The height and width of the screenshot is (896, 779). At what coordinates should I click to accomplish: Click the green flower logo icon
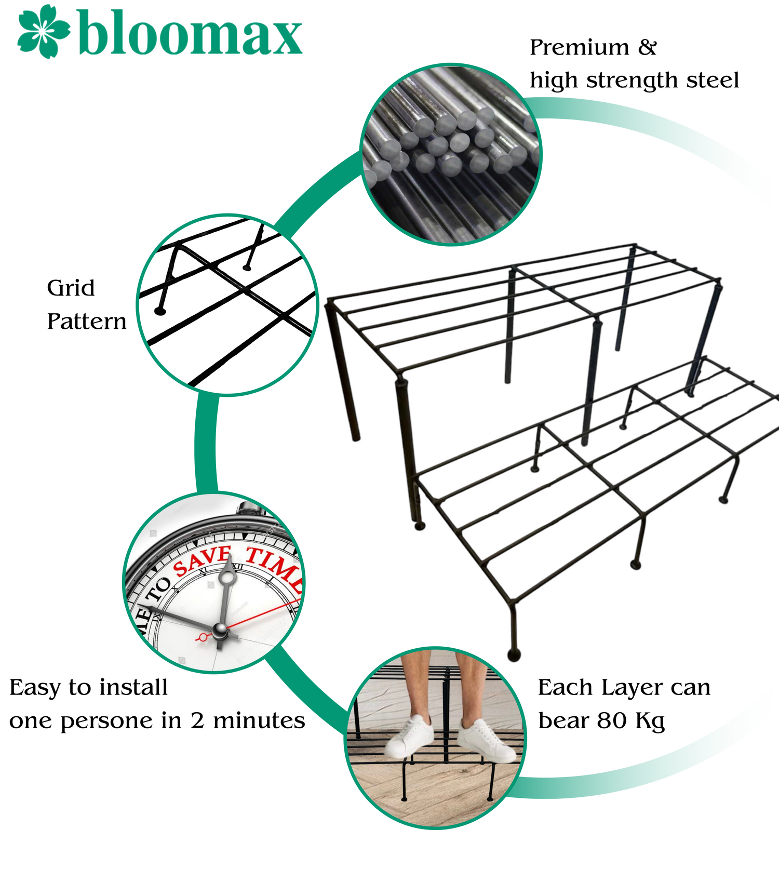click(44, 31)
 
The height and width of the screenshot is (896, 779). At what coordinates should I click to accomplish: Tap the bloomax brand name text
click(190, 34)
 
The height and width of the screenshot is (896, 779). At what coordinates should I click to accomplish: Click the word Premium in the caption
click(580, 47)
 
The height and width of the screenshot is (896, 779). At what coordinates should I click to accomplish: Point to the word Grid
click(71, 288)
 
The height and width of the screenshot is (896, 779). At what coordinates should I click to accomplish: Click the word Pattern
click(87, 322)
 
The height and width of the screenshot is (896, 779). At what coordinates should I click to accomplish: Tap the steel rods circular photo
click(451, 154)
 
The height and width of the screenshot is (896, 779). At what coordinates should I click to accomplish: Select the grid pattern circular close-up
click(227, 305)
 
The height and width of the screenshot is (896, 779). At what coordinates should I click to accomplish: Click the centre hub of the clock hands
click(220, 631)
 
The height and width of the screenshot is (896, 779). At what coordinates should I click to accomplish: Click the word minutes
click(259, 720)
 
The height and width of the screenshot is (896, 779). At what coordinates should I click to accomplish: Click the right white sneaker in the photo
click(487, 740)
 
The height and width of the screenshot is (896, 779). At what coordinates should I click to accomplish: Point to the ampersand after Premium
click(648, 47)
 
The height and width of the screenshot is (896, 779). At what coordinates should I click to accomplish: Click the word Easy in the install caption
click(36, 688)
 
